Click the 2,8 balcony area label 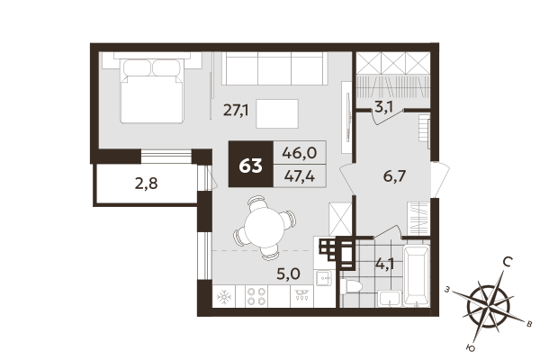(147, 186)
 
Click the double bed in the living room (153, 88)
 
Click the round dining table (264, 225)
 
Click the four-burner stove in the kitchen (257, 297)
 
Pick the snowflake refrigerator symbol (221, 297)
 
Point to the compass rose (486, 306)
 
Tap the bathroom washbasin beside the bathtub (391, 299)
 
